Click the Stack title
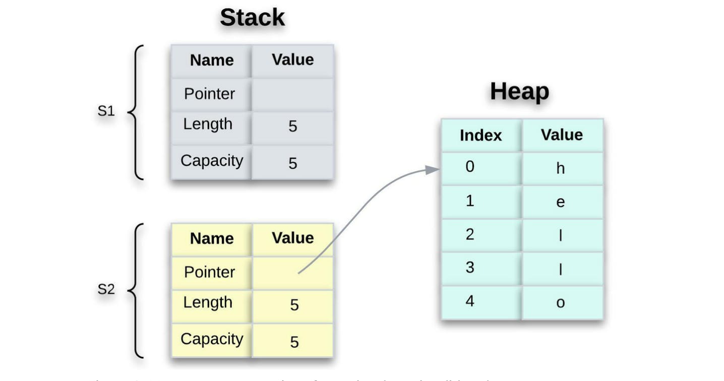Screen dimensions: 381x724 pyautogui.click(x=252, y=18)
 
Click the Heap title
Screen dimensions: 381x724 pyautogui.click(x=519, y=92)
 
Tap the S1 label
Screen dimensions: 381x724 pyautogui.click(x=106, y=111)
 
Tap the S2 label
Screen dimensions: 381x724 pyautogui.click(x=106, y=290)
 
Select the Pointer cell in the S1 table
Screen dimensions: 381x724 pyautogui.click(x=209, y=94)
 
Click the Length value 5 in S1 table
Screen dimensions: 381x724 pyautogui.click(x=292, y=126)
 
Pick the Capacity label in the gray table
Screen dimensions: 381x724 pyautogui.click(x=212, y=161)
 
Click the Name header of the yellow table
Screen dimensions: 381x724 pyautogui.click(x=212, y=238)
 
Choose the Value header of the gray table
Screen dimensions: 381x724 pyautogui.click(x=292, y=60)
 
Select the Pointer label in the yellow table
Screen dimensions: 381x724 pyautogui.click(x=209, y=273)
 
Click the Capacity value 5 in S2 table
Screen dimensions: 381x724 pyautogui.click(x=294, y=342)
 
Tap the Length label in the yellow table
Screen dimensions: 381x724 pyautogui.click(x=208, y=303)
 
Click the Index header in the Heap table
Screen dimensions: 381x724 pyautogui.click(x=480, y=136)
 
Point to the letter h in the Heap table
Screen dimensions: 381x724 pyautogui.click(x=560, y=168)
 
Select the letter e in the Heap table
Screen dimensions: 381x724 pyautogui.click(x=560, y=202)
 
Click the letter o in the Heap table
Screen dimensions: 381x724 pyautogui.click(x=560, y=303)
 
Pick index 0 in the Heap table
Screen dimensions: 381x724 pyautogui.click(x=470, y=167)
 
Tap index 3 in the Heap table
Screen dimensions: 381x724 pyautogui.click(x=470, y=268)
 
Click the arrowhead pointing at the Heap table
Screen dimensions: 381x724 pyautogui.click(x=433, y=170)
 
